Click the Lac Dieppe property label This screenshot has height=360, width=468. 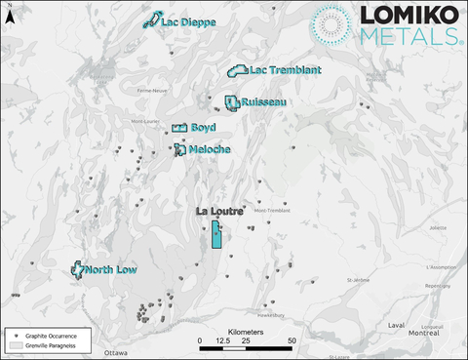click(x=188, y=21)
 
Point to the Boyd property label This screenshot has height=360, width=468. click(x=203, y=128)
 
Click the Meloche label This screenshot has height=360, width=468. click(x=209, y=149)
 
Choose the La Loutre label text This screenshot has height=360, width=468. click(x=219, y=211)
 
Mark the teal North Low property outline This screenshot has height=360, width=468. click(x=79, y=269)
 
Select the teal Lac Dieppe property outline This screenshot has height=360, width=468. click(x=152, y=20)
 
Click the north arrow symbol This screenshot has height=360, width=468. click(x=8, y=15)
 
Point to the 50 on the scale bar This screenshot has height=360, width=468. click(x=293, y=340)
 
